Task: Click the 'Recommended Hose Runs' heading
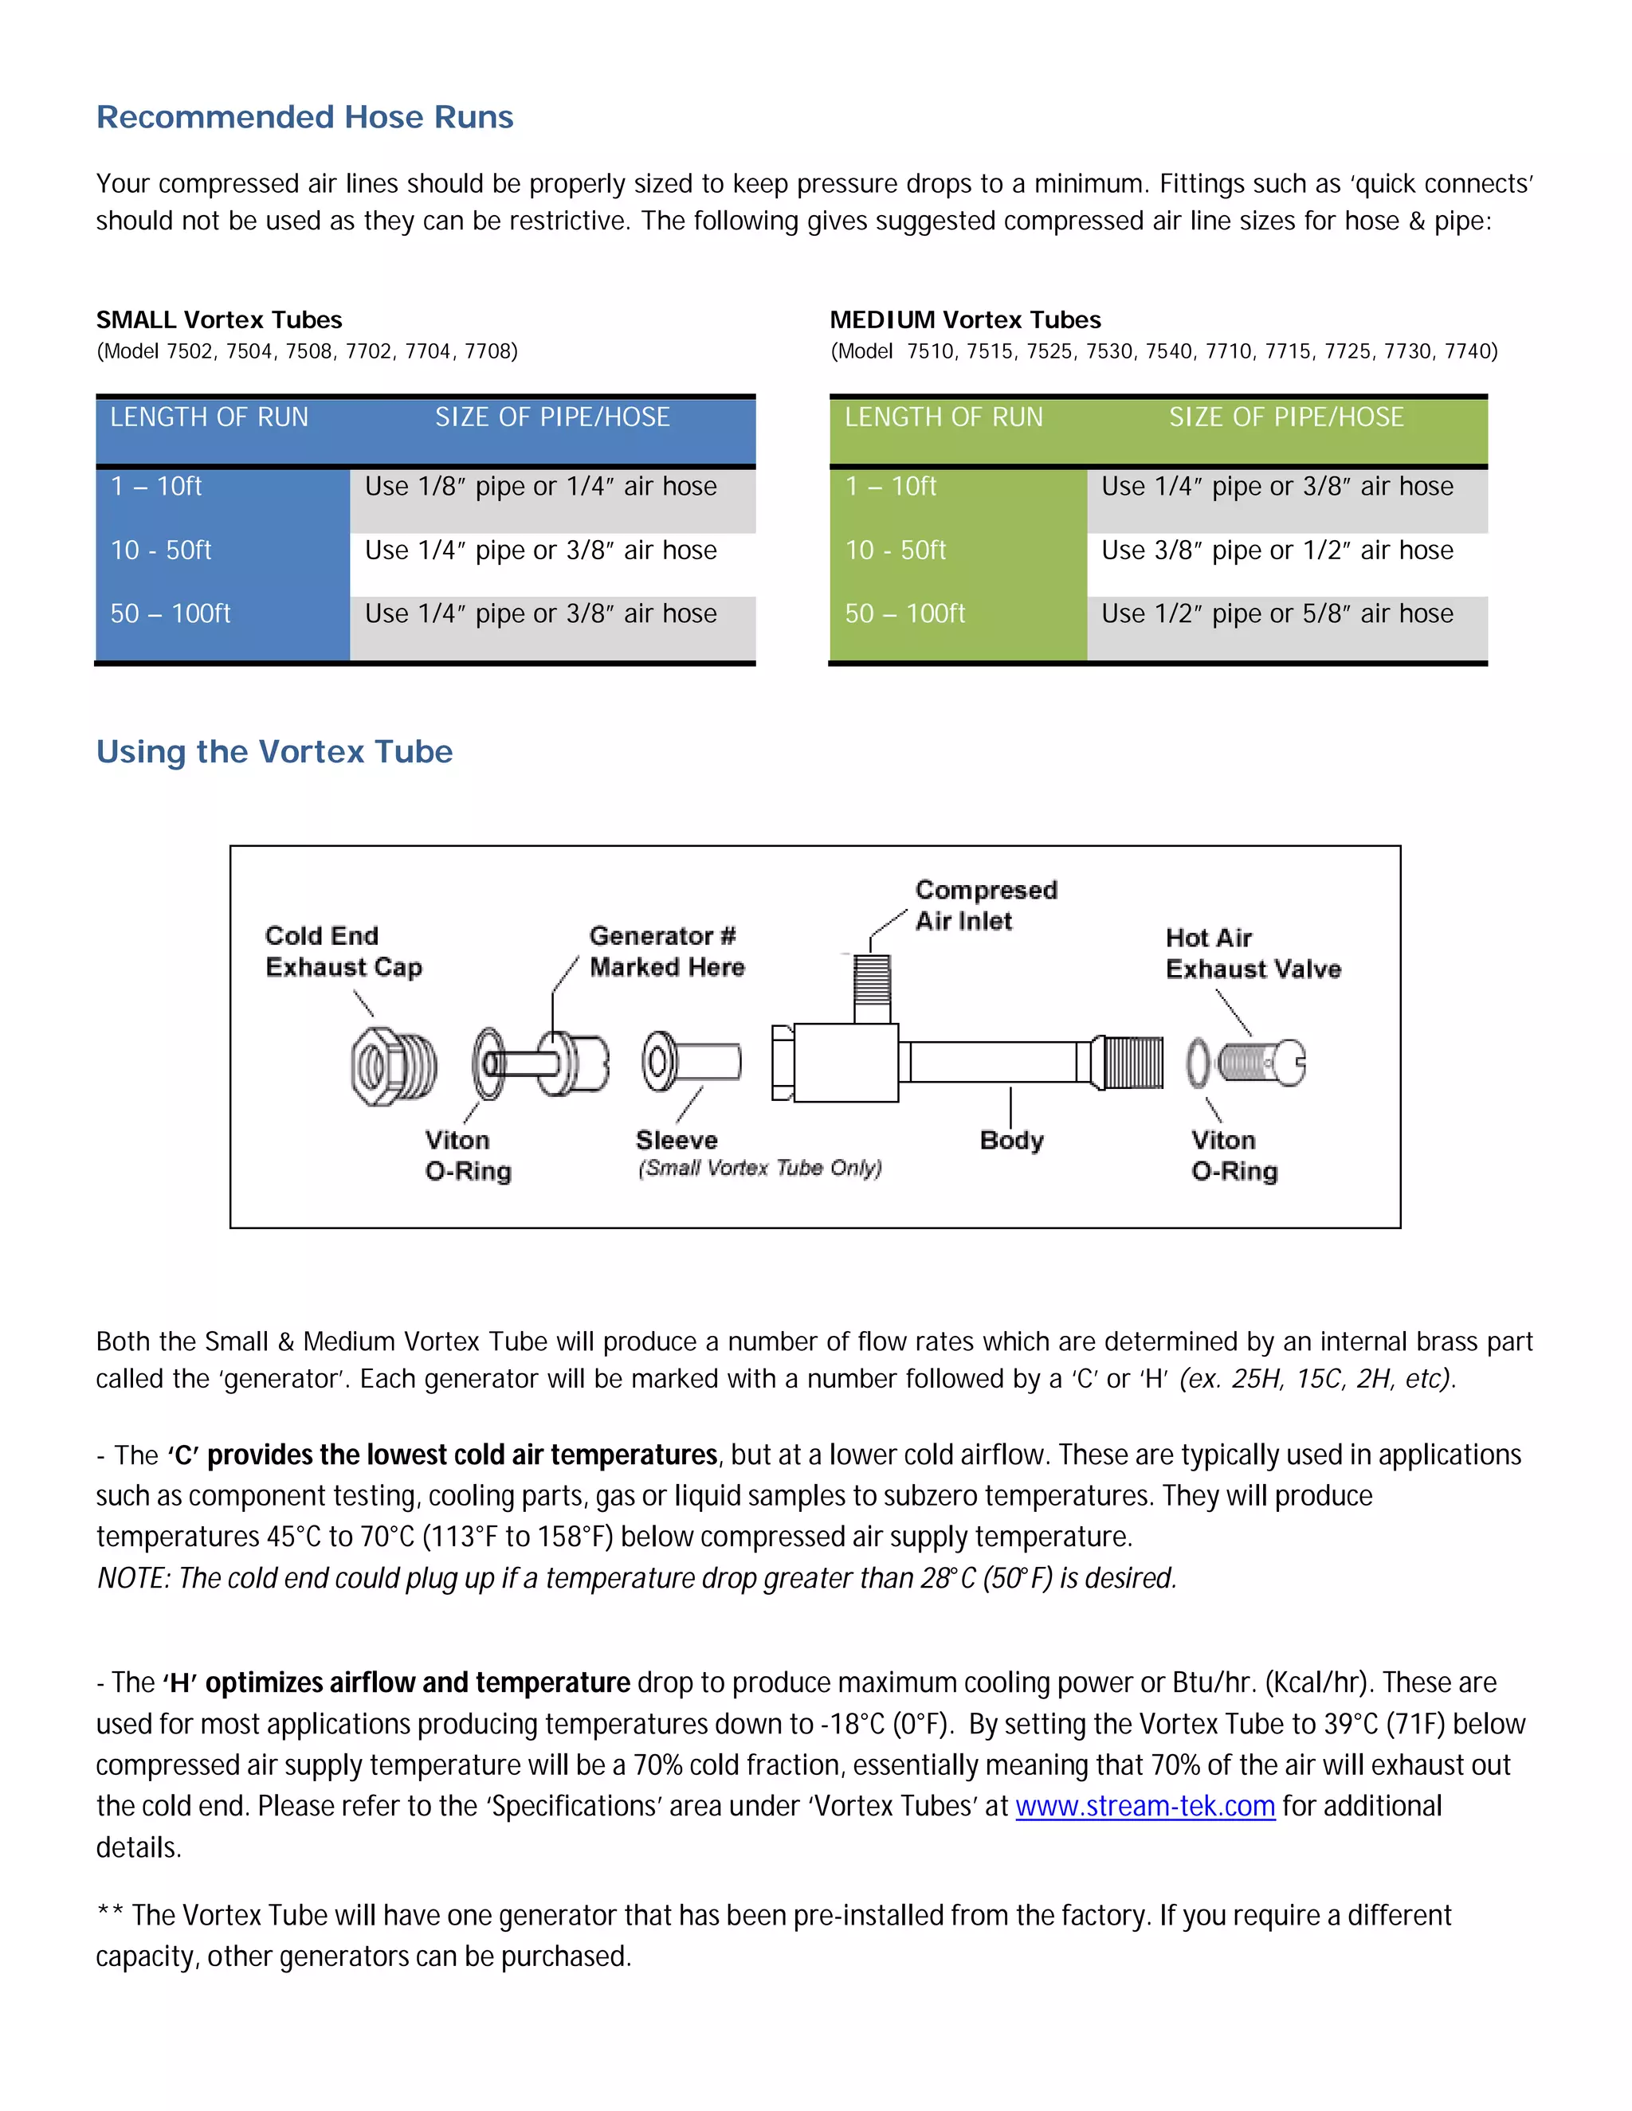point(304,117)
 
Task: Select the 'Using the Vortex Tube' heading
point(275,752)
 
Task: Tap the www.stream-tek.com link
point(1145,1806)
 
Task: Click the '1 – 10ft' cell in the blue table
point(157,486)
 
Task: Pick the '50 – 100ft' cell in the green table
point(905,613)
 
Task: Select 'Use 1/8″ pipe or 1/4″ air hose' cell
point(540,486)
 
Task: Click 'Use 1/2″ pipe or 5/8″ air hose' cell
point(1277,613)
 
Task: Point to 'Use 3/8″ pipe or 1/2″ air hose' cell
point(1277,550)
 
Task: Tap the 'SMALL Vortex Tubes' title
point(219,320)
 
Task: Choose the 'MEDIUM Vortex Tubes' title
point(965,320)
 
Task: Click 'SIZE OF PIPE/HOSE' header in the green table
point(1286,417)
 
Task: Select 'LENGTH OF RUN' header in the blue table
point(209,417)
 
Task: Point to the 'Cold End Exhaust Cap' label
point(343,951)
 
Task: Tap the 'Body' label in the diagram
point(1011,1140)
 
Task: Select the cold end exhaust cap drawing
point(393,1066)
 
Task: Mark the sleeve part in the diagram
point(690,1061)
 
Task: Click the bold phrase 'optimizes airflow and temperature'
point(418,1682)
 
